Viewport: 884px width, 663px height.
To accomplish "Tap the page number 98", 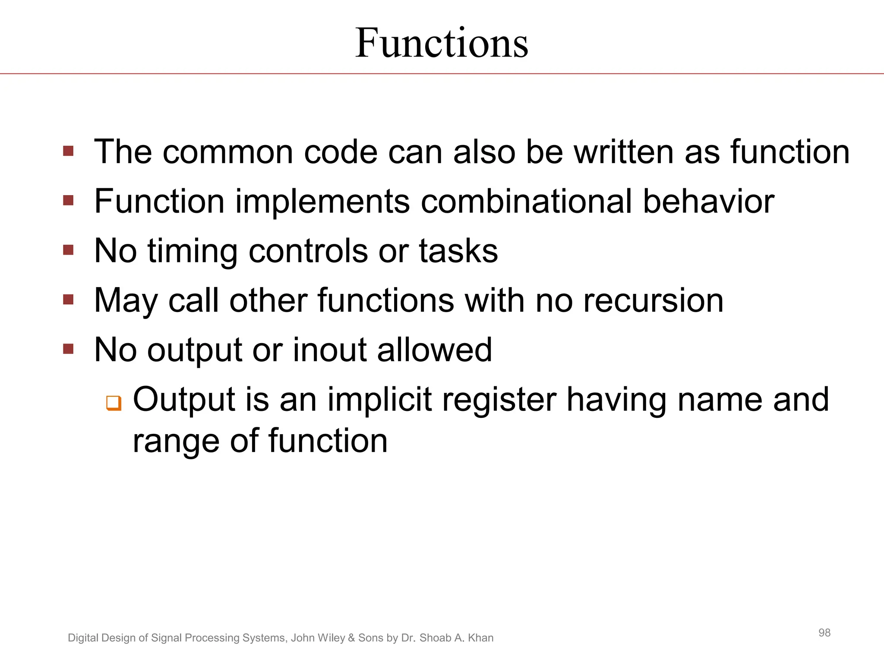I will [x=824, y=633].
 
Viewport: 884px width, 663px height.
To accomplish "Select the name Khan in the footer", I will [x=480, y=638].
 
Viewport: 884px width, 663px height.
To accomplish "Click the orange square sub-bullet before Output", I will [x=114, y=403].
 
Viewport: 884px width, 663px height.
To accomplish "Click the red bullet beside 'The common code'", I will [x=68, y=151].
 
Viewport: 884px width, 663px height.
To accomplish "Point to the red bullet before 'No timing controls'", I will [x=68, y=250].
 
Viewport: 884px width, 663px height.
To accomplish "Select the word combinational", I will [x=526, y=201].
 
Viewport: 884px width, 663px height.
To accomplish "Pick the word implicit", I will [x=380, y=400].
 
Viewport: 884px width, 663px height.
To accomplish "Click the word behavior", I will [x=708, y=201].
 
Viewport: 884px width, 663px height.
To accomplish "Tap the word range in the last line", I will [x=176, y=442].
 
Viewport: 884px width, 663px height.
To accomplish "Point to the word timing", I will [x=193, y=252].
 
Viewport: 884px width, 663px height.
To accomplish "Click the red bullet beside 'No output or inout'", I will [x=68, y=348].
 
